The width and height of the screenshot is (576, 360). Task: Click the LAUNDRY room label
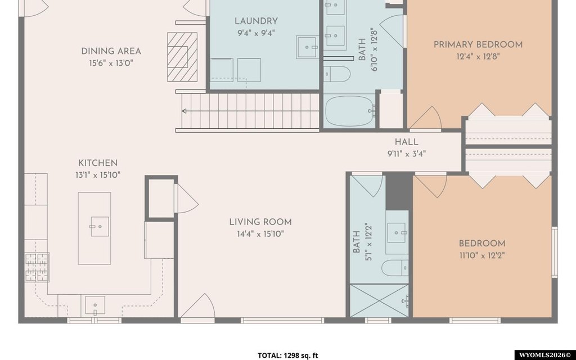pyautogui.click(x=256, y=21)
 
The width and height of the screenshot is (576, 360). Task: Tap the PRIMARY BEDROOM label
pyautogui.click(x=478, y=45)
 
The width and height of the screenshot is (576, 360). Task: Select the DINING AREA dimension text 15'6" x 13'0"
pyautogui.click(x=111, y=63)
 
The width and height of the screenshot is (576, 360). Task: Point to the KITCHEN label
pyautogui.click(x=98, y=163)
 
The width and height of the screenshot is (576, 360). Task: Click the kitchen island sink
pyautogui.click(x=100, y=226)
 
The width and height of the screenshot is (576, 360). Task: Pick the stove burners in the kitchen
pyautogui.click(x=37, y=267)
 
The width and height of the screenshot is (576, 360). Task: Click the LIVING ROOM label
pyautogui.click(x=260, y=222)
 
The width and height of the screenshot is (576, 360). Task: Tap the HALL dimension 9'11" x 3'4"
pyautogui.click(x=407, y=154)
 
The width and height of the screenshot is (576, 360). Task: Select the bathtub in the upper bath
pyautogui.click(x=350, y=110)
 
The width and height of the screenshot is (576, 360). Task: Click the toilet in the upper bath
pyautogui.click(x=337, y=74)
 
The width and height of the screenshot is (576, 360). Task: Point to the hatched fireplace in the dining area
pyautogui.click(x=182, y=57)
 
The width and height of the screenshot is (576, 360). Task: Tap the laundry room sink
pyautogui.click(x=308, y=47)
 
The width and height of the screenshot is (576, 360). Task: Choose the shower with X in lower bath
pyautogui.click(x=379, y=300)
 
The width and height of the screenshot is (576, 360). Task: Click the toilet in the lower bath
pyautogui.click(x=395, y=267)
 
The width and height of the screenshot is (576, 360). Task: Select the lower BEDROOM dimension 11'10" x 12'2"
pyautogui.click(x=482, y=255)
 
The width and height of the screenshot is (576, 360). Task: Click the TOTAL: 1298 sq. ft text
pyautogui.click(x=287, y=355)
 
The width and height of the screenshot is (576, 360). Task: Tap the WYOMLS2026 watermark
pyautogui.click(x=545, y=355)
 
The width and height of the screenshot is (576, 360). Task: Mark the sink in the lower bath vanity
pyautogui.click(x=397, y=232)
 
